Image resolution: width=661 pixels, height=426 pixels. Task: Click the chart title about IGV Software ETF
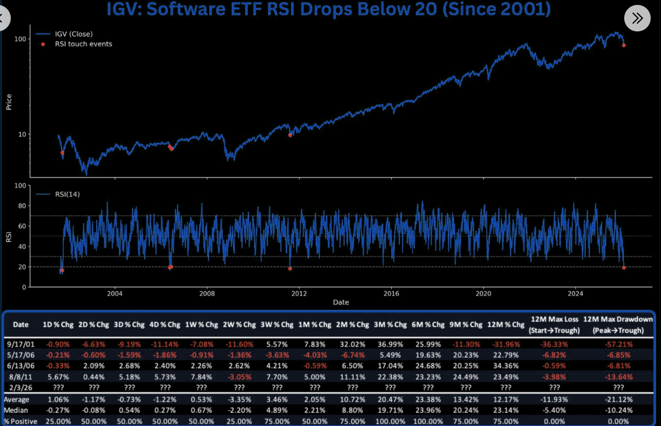tap(329, 9)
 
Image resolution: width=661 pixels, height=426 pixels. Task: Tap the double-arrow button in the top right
tap(637, 19)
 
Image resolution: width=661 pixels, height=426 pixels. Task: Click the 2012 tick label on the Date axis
tap(299, 293)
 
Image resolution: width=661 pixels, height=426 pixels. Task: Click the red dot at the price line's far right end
tap(624, 45)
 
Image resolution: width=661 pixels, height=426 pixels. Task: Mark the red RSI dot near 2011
tap(290, 268)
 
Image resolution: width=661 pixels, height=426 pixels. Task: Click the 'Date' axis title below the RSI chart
tap(341, 302)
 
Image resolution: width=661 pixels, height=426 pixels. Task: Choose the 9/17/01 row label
tap(21, 344)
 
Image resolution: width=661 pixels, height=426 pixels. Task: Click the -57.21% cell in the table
tap(618, 344)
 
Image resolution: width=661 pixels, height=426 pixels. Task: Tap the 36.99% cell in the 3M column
tap(390, 344)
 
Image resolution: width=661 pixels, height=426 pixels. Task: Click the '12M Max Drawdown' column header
tap(618, 324)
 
